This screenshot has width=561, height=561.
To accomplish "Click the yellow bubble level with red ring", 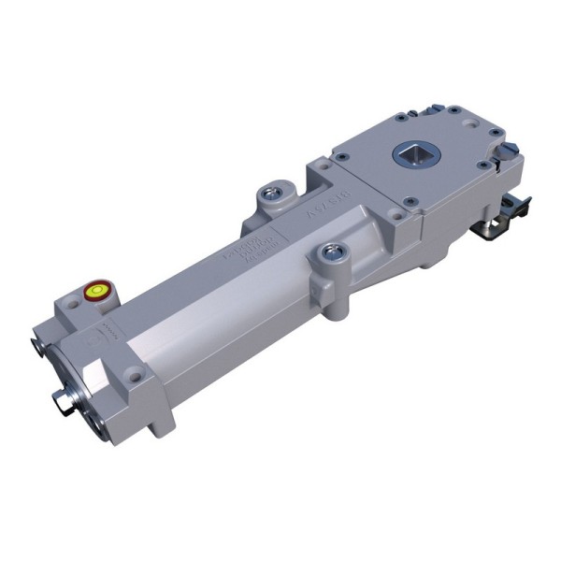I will (94, 291).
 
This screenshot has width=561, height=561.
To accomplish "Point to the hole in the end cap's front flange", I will (136, 377).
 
